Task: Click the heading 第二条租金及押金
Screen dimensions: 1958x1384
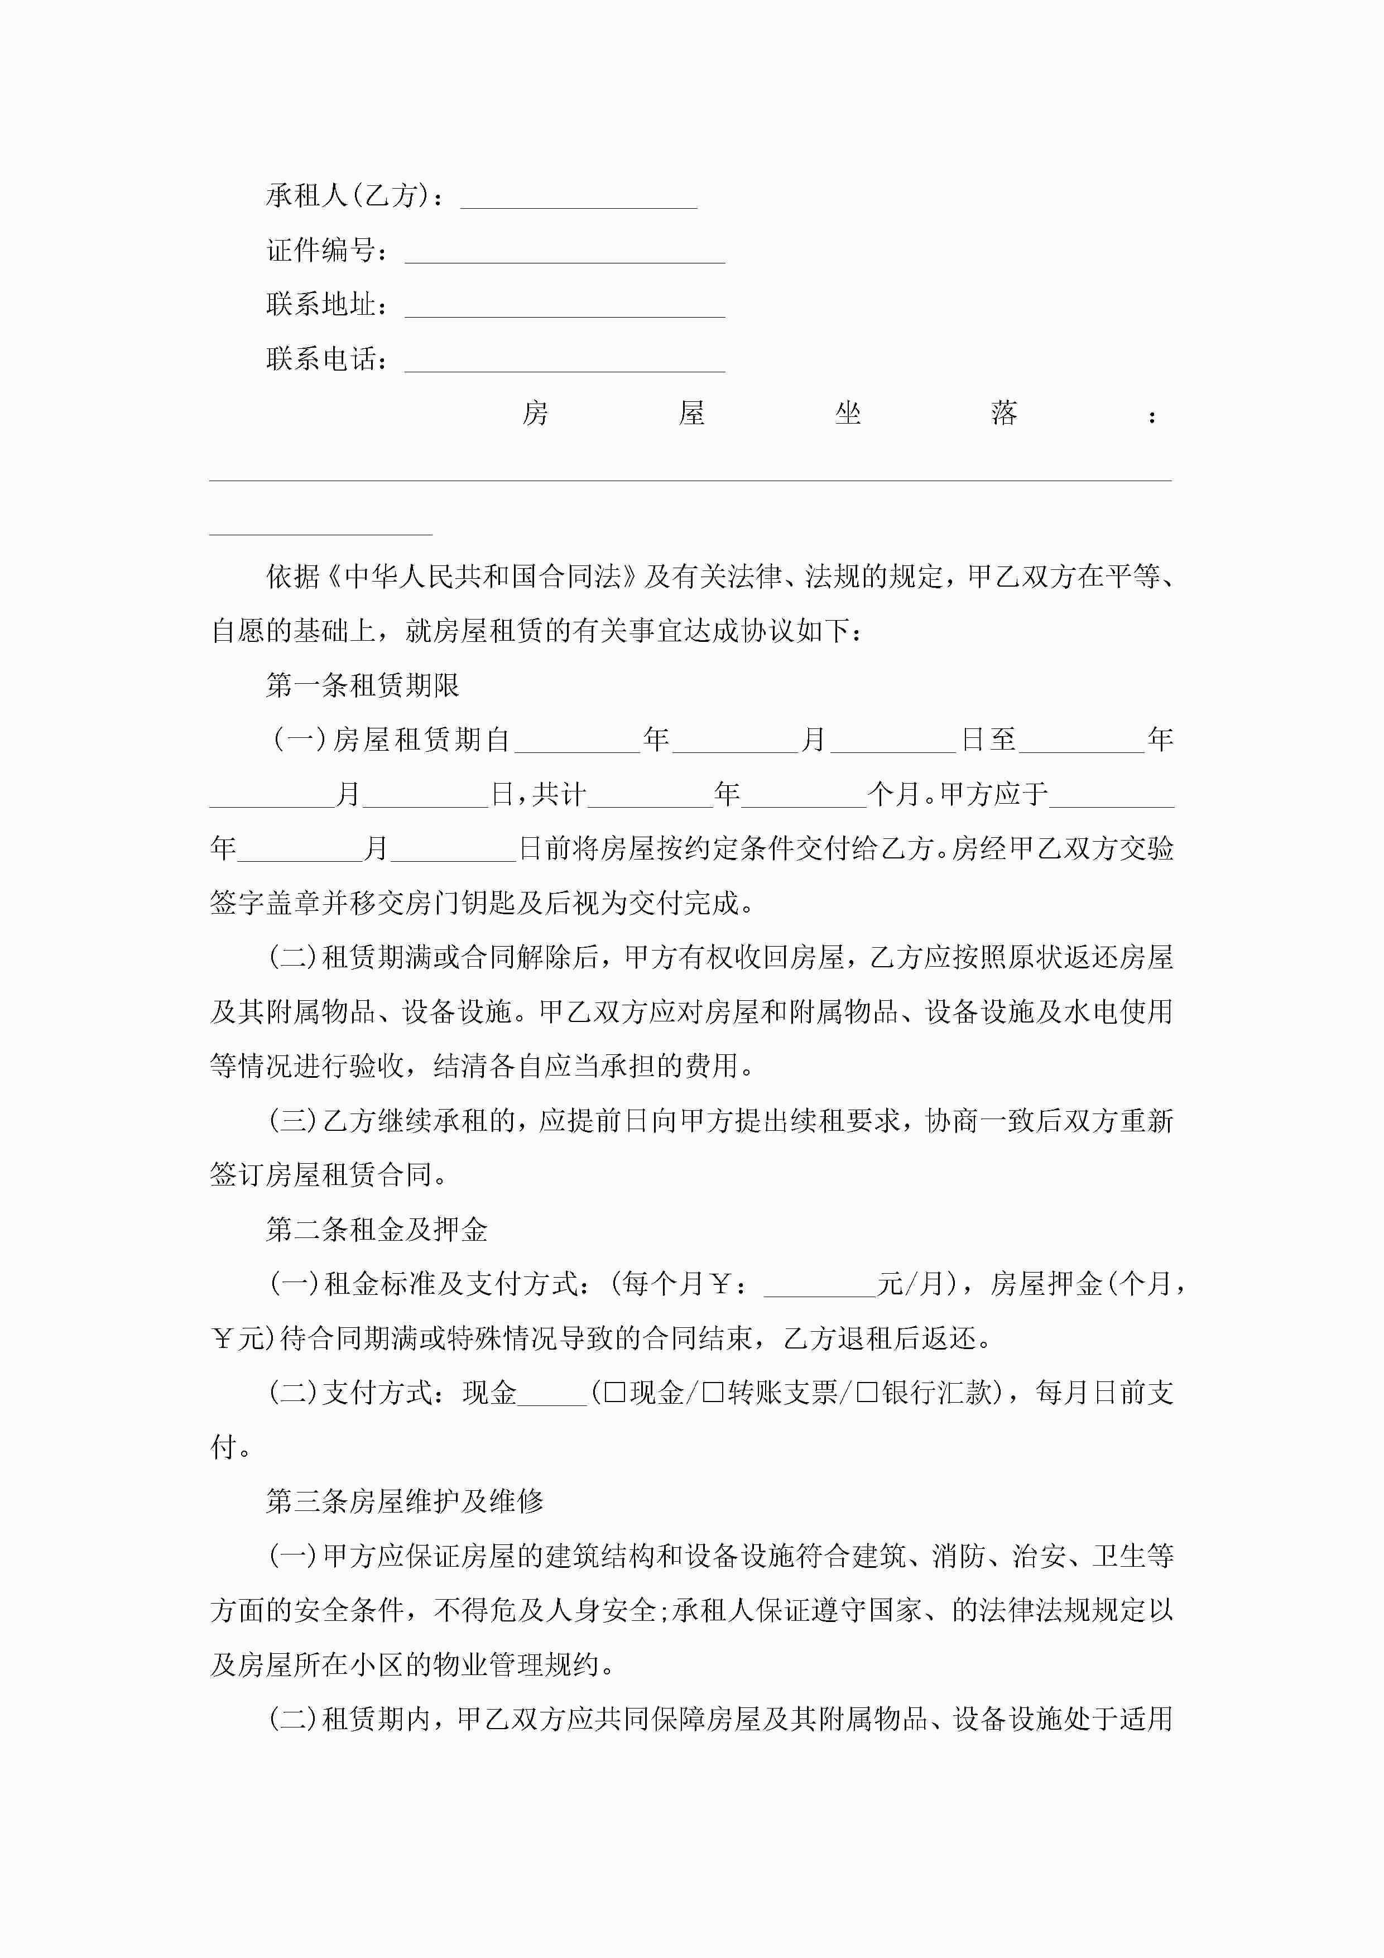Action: click(x=376, y=1229)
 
